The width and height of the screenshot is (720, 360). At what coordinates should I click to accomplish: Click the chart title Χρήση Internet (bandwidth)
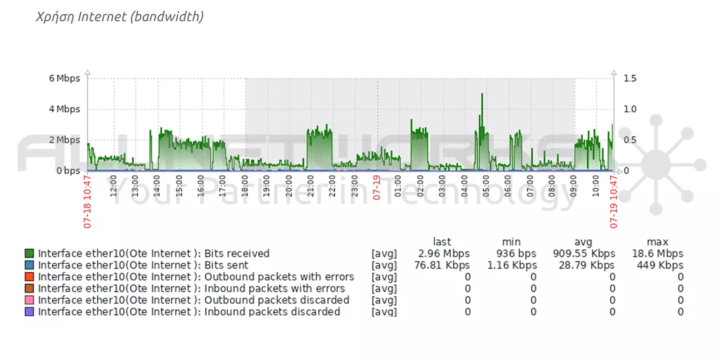point(120,17)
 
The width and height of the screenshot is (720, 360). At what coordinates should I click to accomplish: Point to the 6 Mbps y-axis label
point(64,78)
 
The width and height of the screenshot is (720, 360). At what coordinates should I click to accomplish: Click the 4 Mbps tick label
point(64,109)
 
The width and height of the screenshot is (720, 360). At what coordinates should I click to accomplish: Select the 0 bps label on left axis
point(68,171)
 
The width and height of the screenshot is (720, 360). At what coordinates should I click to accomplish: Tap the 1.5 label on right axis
point(630,78)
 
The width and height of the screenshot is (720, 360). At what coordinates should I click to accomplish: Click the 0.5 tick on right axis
point(630,140)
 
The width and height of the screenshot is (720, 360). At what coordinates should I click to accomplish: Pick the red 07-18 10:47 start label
point(87,202)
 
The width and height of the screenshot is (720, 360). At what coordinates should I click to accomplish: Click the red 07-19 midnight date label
point(377,188)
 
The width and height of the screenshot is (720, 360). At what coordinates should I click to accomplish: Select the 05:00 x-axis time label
point(486,186)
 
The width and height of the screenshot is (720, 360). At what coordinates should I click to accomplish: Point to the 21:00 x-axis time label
point(310,186)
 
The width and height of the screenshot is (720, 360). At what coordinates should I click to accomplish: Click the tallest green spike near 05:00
point(482,97)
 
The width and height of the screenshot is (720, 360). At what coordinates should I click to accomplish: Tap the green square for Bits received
point(29,253)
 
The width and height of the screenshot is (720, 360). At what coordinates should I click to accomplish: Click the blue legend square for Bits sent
point(29,265)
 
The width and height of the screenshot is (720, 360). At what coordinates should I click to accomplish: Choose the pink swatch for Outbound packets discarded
point(29,300)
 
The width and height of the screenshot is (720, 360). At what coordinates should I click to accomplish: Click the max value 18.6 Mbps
point(657,253)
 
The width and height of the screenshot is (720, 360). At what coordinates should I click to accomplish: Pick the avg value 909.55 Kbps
point(584,253)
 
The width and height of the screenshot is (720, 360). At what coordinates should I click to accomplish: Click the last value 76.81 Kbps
point(441,265)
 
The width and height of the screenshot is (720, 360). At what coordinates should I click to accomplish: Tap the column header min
point(511,242)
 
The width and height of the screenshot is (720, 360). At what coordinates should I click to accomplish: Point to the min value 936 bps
point(516,253)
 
